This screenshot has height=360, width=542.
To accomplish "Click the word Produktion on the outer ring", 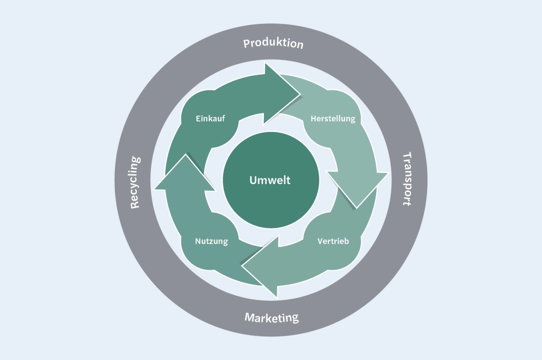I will point(273,43).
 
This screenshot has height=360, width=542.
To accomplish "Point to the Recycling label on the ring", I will point(135,182).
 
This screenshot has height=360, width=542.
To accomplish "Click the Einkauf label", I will point(210,118).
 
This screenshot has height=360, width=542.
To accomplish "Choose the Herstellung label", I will point(333,118).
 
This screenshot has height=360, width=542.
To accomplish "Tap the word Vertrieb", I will point(333,241).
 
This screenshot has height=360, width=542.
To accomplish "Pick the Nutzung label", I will point(211,241).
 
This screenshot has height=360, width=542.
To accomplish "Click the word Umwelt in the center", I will point(270,181).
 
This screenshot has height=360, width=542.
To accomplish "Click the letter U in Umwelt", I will point(253,181).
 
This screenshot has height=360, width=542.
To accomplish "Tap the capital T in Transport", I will point(408,157).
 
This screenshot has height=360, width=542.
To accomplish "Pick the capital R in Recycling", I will point(135,203).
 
